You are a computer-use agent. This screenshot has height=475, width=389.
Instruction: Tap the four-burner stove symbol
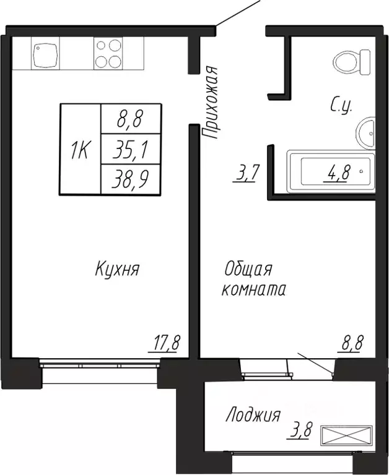click(x=108, y=54)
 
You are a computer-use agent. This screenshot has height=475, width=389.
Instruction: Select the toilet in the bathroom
click(x=352, y=62)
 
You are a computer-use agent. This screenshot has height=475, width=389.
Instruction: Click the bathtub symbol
click(x=331, y=171)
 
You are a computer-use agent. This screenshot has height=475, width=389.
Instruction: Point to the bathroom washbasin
click(x=366, y=133)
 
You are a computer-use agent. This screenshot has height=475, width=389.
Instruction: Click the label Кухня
click(x=117, y=268)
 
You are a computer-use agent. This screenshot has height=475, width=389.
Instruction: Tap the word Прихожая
click(x=210, y=103)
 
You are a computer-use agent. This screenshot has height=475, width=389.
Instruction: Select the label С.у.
click(x=341, y=105)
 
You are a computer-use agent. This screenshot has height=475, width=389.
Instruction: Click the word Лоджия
click(x=253, y=414)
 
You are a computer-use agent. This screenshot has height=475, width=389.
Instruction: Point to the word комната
click(x=254, y=289)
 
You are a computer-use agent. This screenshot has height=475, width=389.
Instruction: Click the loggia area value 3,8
click(x=299, y=430)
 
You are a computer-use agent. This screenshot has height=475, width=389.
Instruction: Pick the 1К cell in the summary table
click(x=80, y=149)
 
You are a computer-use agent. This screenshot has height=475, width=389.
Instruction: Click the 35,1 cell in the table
click(x=131, y=149)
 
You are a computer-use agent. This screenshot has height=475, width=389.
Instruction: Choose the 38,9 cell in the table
click(x=131, y=179)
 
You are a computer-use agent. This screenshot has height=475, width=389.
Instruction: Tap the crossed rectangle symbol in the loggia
click(x=346, y=436)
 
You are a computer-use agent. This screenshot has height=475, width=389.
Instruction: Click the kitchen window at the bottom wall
click(x=100, y=363)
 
